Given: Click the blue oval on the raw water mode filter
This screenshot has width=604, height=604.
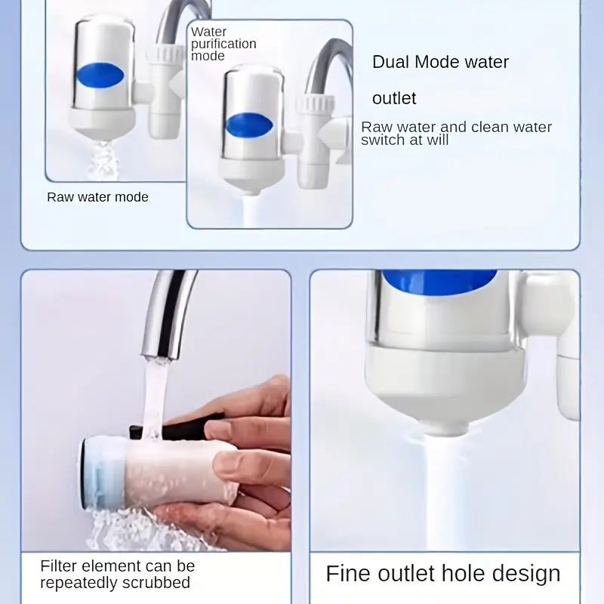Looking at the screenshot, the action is coord(100,75).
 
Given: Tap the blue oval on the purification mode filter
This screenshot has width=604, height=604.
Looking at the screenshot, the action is coord(249,125).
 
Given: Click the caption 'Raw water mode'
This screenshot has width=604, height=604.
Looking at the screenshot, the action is coord(97,197).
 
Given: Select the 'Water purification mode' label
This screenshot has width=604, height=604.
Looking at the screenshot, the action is coord(223,44).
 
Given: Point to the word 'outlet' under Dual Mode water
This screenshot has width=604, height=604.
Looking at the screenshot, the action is coord(394,98).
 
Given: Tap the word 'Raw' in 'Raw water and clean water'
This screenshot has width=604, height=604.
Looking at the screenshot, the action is coord(376,127).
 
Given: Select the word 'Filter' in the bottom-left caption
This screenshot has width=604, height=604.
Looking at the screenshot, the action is coord(59,565).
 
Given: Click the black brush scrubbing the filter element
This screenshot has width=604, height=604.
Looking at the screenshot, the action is coord(176,425).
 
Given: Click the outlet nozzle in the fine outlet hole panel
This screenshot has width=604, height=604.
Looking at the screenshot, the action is coord(447,427).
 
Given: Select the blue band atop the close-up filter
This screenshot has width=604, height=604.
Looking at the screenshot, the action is coord(439,282).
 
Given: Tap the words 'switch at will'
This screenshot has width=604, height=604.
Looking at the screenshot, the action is coord(405,140).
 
